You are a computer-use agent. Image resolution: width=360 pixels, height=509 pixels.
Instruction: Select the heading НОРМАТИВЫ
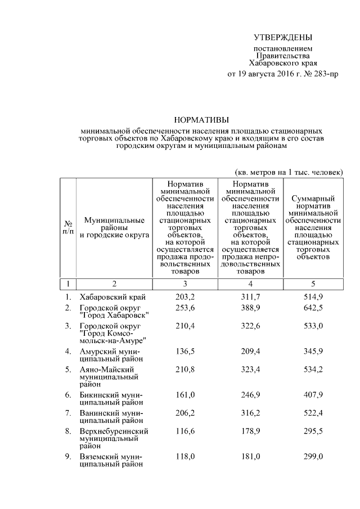pyautogui.click(x=201, y=119)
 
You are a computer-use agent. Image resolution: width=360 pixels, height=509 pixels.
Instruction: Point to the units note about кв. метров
pyautogui.click(x=288, y=171)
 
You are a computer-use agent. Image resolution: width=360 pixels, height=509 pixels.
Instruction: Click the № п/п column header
pyautogui.click(x=67, y=227)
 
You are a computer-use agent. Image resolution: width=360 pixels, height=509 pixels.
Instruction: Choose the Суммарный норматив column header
pyautogui.click(x=313, y=227)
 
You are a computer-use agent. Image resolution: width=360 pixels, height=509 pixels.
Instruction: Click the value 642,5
pyautogui.click(x=313, y=308)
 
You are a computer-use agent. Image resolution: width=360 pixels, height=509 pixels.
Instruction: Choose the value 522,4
pyautogui.click(x=313, y=413)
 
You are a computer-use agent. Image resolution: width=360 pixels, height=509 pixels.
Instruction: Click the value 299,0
pyautogui.click(x=313, y=457)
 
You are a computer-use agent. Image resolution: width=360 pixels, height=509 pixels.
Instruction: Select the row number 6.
pyautogui.click(x=67, y=395)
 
